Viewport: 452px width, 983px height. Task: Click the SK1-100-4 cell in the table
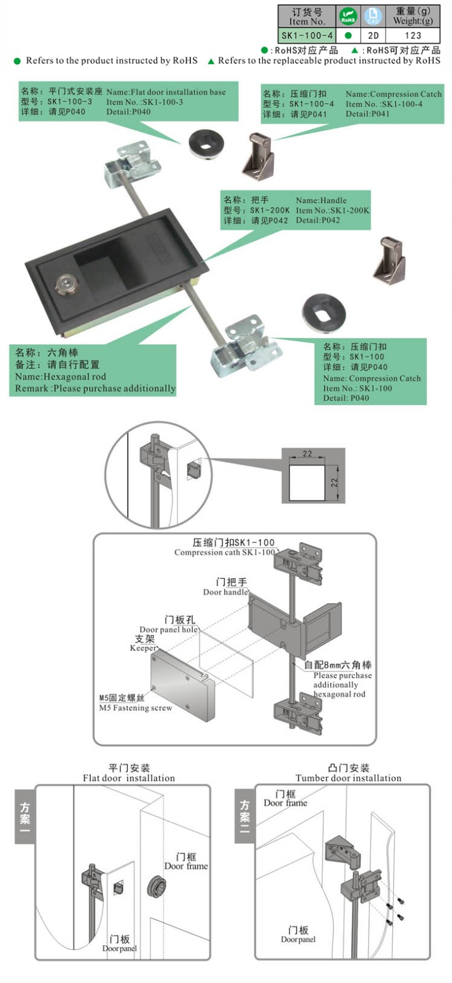(306, 36)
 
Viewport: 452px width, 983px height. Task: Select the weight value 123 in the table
(413, 36)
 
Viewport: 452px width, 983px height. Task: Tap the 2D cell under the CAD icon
(373, 36)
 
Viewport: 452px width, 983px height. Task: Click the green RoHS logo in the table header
(348, 16)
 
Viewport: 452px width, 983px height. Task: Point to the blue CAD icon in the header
(373, 16)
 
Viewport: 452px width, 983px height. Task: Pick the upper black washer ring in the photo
(206, 142)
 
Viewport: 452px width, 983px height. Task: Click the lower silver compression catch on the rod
(242, 346)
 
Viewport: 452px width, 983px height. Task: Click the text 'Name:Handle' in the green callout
(321, 200)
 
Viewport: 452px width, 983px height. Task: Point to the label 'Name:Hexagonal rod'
(60, 377)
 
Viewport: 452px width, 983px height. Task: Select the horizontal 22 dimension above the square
(307, 454)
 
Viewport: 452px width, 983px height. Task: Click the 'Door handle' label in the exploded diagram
(225, 592)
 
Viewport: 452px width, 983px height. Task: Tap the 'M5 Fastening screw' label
(136, 708)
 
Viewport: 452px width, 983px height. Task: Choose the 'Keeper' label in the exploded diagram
(143, 648)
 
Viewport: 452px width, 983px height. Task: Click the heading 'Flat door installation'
(129, 778)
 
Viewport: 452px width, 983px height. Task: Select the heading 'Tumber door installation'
(348, 778)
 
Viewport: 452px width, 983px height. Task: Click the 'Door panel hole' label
(168, 629)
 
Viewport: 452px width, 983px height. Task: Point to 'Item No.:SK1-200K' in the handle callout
(333, 210)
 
